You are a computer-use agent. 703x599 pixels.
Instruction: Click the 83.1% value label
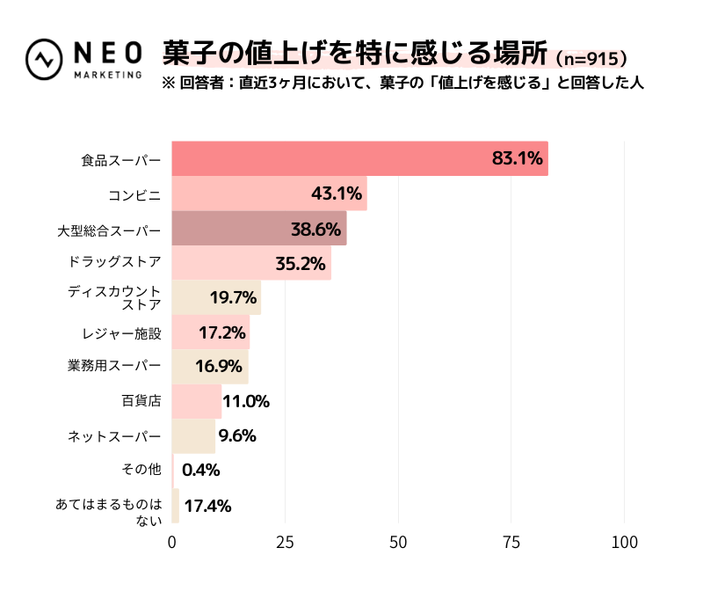click(x=518, y=159)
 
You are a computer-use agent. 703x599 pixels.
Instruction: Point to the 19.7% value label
click(x=232, y=297)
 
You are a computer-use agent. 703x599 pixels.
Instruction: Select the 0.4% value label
click(x=200, y=470)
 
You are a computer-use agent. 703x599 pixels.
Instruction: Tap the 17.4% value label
click(x=207, y=506)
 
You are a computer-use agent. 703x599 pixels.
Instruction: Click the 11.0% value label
click(x=245, y=401)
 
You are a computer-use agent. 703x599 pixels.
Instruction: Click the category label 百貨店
click(x=141, y=401)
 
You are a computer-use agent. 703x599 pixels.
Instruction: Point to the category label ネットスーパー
click(x=115, y=436)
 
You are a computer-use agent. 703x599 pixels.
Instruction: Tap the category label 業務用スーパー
click(x=115, y=366)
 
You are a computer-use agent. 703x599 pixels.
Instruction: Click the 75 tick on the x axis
click(x=511, y=543)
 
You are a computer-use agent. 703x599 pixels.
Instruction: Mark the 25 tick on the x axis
click(x=285, y=543)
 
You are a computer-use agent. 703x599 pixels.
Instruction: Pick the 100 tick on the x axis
click(x=625, y=543)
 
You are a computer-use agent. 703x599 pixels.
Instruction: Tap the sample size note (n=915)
click(x=592, y=59)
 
